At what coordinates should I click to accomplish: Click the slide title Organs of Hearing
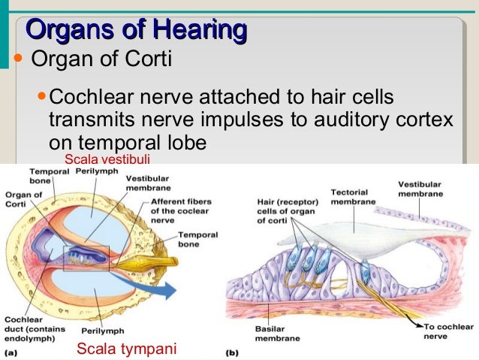tap(136, 30)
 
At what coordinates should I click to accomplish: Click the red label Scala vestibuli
tap(107, 159)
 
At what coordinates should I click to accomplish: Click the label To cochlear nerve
tap(449, 332)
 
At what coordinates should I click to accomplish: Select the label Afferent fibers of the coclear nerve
tap(181, 210)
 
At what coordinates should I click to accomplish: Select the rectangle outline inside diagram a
tap(86, 259)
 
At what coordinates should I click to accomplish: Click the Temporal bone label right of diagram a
tap(197, 240)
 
